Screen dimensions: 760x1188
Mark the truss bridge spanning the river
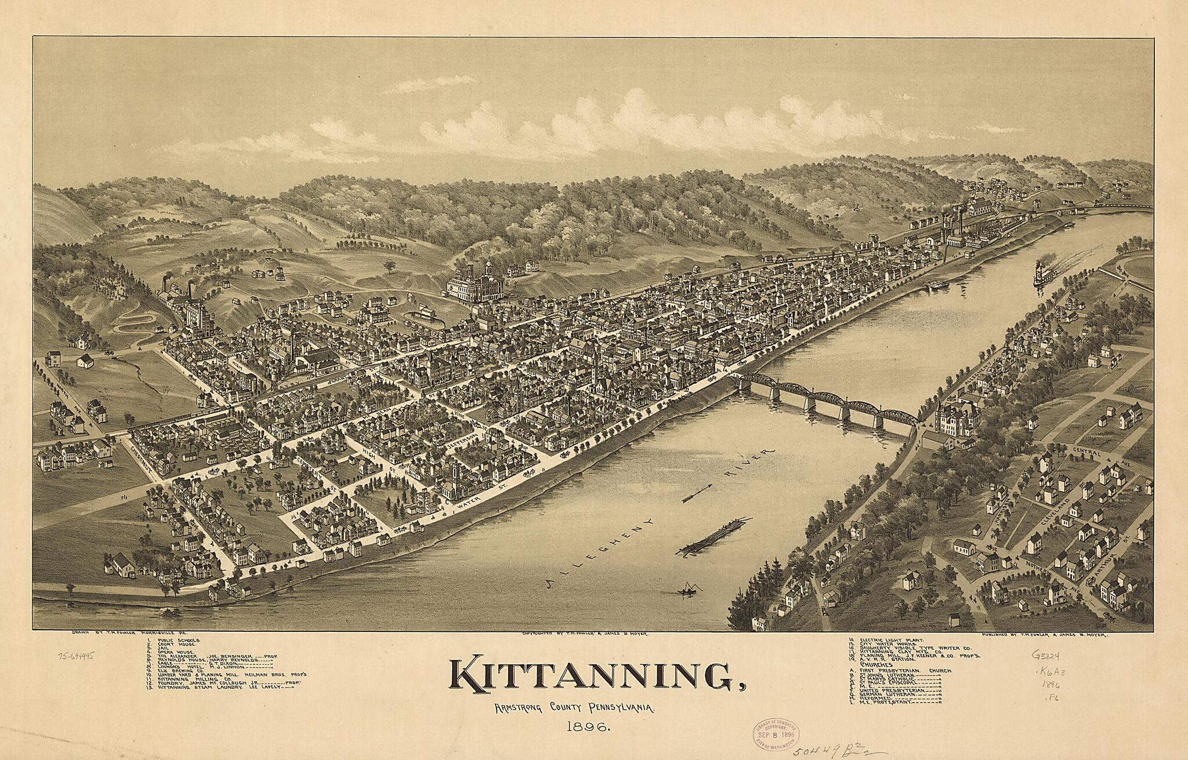point(825,400)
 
